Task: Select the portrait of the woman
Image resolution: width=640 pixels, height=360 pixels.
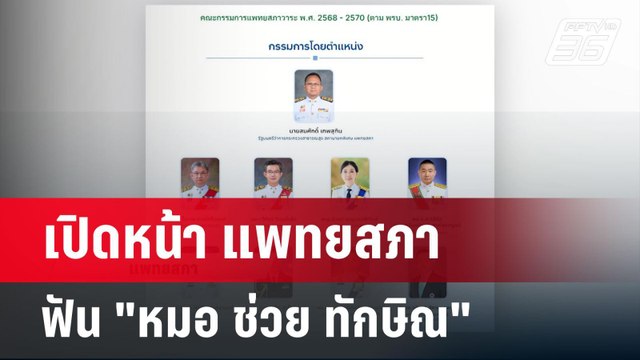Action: point(350,178)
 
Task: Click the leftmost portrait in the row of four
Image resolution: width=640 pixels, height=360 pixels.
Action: point(199,178)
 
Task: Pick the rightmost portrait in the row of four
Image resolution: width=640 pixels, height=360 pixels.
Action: point(427,178)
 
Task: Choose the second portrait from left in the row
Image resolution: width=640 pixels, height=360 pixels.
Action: point(273,178)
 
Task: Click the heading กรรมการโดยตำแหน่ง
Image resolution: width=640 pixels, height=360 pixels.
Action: point(313,47)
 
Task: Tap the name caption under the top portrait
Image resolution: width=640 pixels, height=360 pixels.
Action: point(313,130)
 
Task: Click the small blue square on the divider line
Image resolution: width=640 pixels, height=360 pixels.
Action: point(313,60)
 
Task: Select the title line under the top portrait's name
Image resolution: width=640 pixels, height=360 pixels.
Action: point(313,138)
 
